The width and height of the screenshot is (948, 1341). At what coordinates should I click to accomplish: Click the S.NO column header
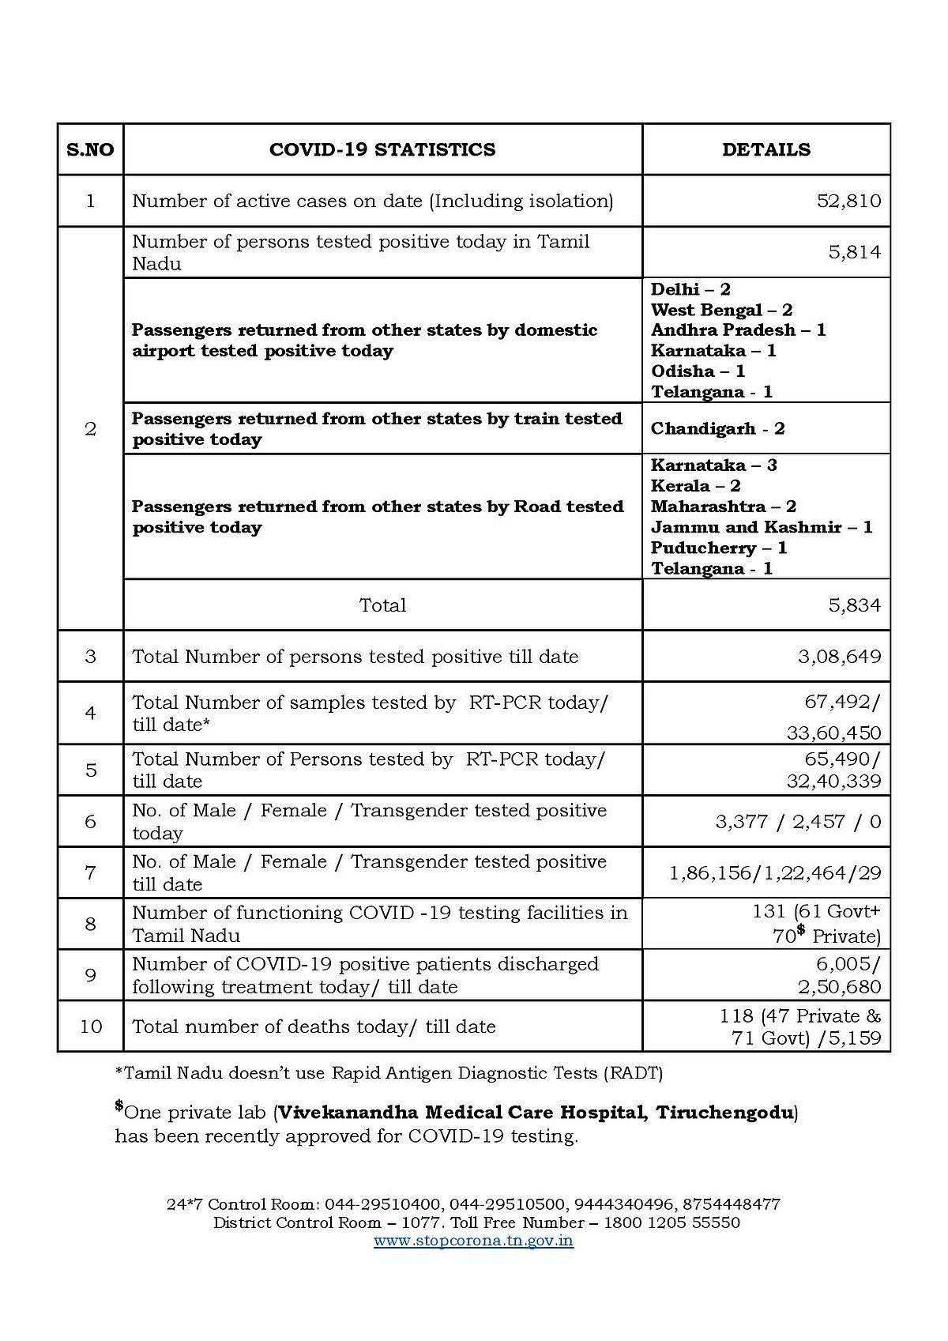coord(90,150)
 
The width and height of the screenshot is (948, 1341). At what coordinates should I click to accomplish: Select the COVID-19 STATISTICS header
coord(382,150)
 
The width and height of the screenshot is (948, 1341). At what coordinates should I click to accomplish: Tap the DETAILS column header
coord(766,150)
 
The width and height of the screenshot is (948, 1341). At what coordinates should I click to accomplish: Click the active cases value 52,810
coord(848,202)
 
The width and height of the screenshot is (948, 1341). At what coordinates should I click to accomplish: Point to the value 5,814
coord(854,253)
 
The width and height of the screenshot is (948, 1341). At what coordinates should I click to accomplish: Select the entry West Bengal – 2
coord(721,311)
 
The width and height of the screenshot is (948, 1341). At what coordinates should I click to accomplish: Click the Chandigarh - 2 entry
coord(717,429)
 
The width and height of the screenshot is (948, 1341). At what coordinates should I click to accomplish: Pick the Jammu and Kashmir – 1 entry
coord(762,527)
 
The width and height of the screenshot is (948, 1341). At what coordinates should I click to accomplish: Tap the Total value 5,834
coord(854,605)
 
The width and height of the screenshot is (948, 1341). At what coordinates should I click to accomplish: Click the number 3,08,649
coord(839,657)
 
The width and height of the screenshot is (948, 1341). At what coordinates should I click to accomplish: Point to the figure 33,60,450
coord(833,733)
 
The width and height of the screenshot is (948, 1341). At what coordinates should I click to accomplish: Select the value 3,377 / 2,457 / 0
coord(798,822)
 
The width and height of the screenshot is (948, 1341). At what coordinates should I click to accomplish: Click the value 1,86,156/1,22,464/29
coord(774,873)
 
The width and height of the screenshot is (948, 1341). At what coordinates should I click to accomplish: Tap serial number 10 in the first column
coord(91,1026)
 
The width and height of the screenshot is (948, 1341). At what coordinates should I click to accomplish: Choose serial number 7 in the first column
coord(91,873)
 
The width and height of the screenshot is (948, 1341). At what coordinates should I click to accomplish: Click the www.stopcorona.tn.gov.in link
coord(473,1241)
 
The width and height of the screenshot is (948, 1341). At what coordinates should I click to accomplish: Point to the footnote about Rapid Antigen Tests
coord(389,1073)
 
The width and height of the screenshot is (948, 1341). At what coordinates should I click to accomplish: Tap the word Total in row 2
coord(382,605)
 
